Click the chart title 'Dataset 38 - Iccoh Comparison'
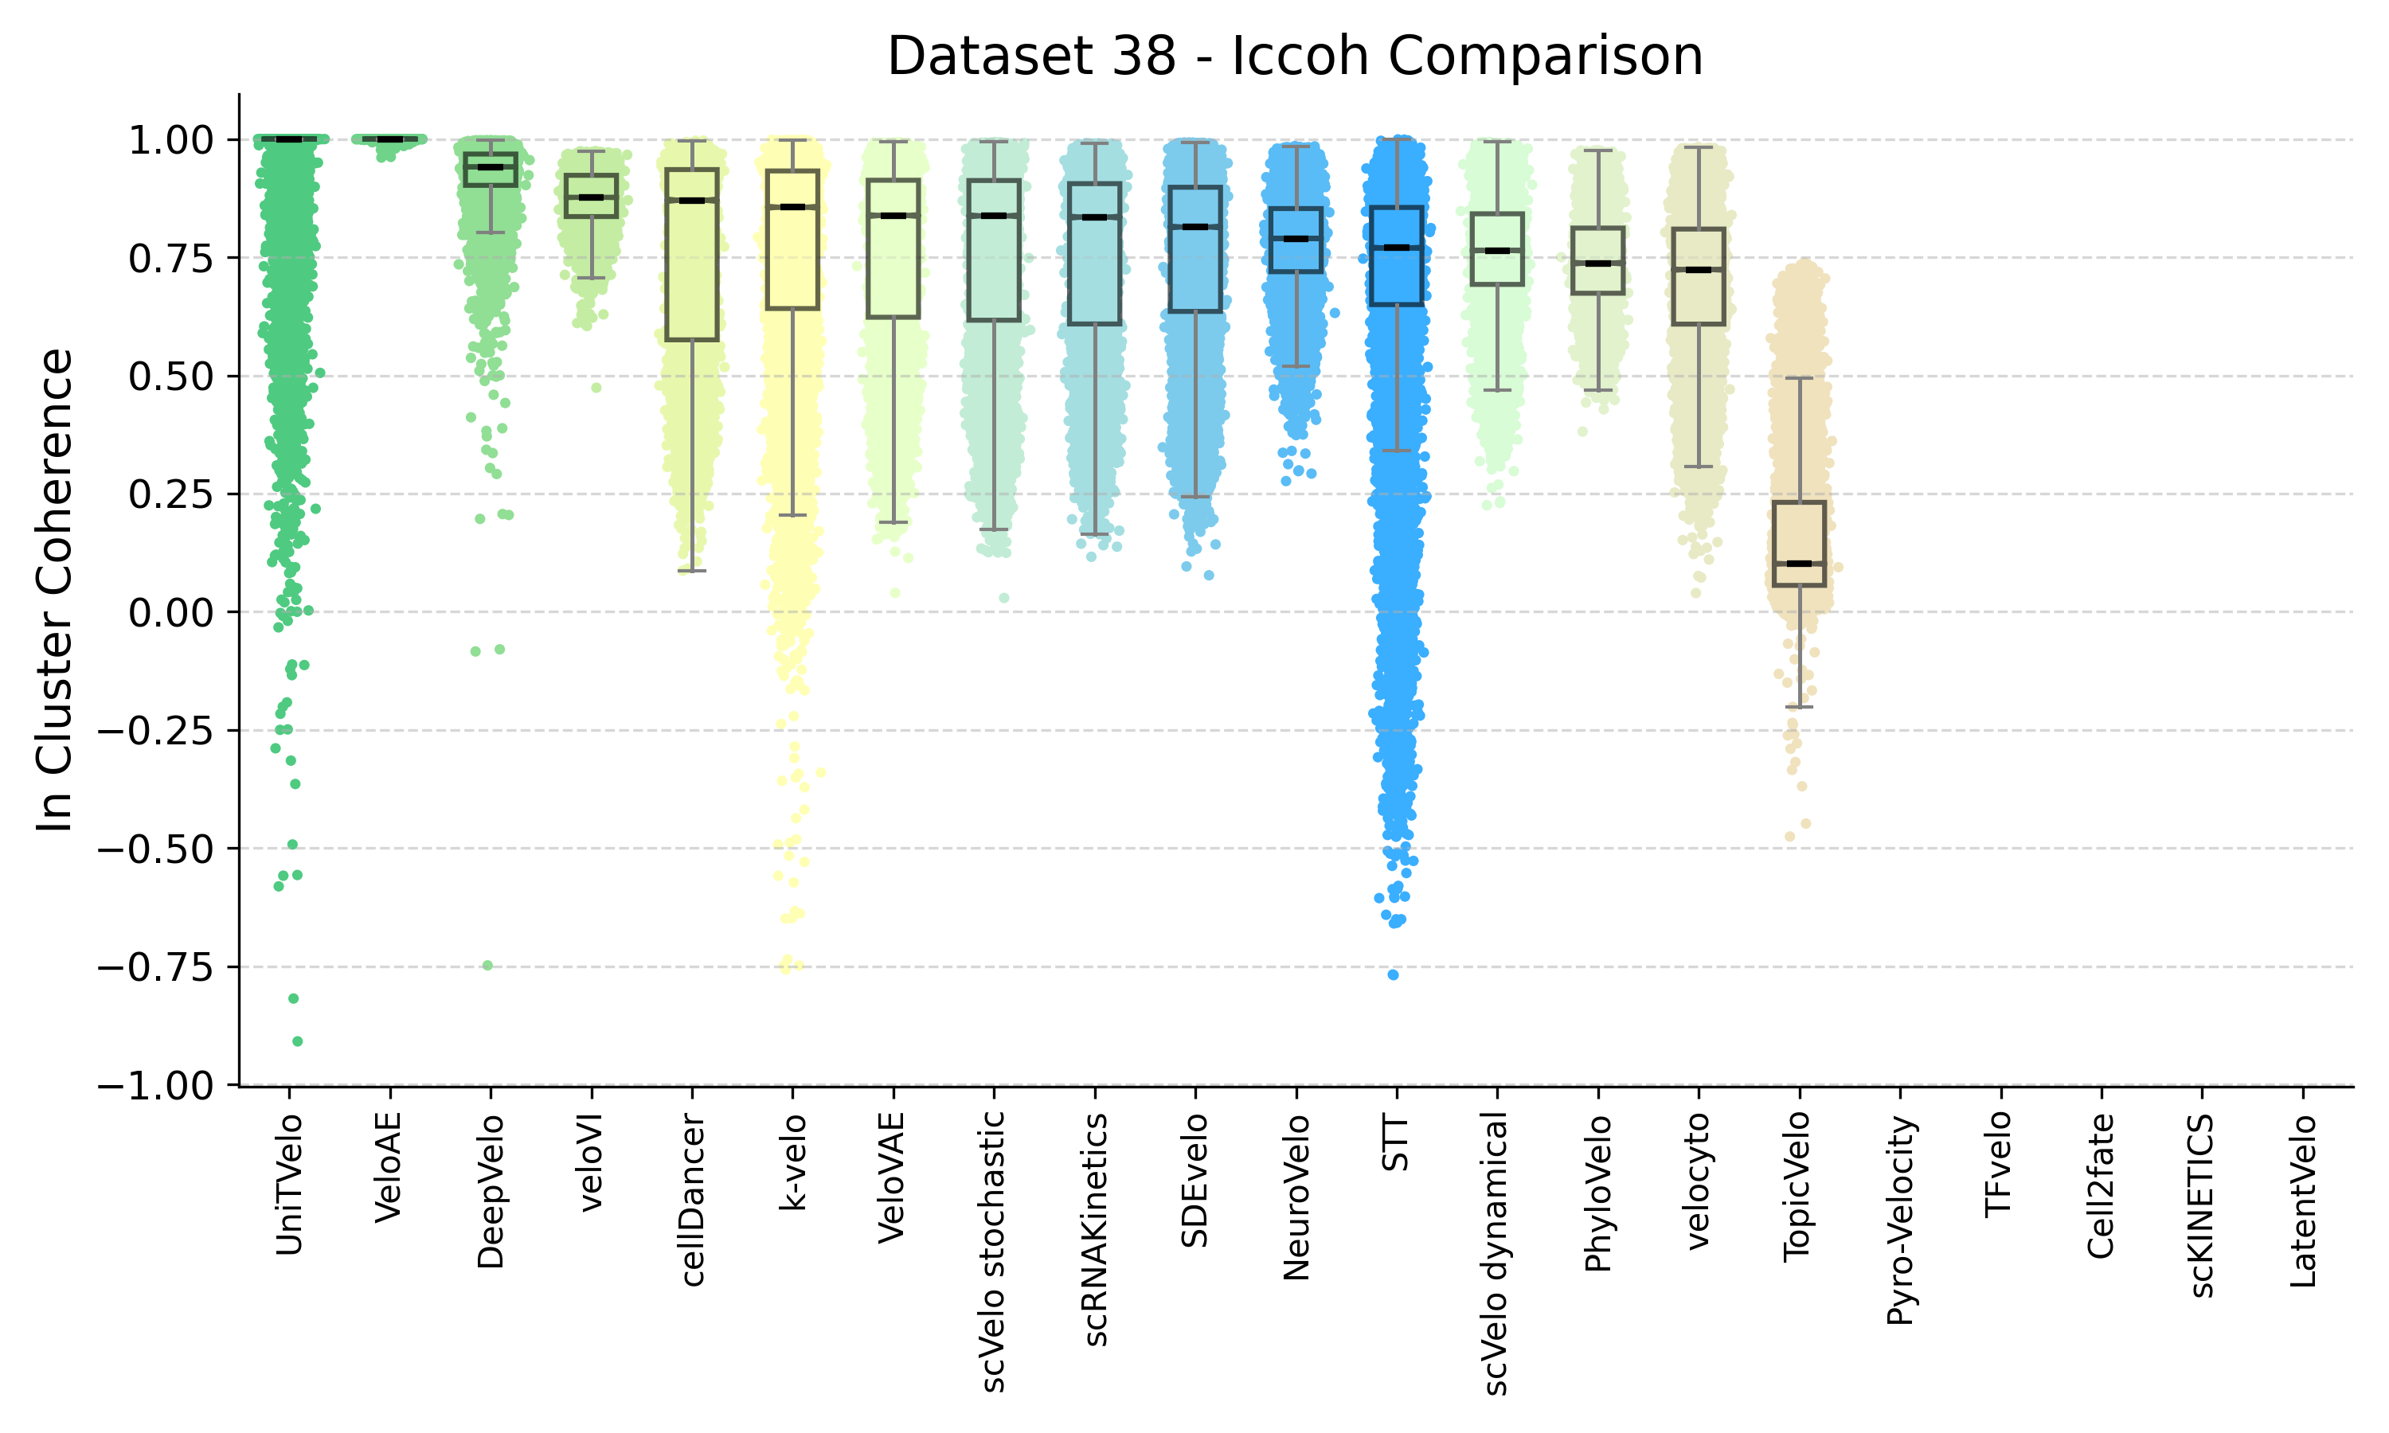click(1294, 56)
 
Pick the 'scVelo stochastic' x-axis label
click(994, 1251)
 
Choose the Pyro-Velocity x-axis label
click(1899, 1220)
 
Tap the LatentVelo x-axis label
click(2302, 1201)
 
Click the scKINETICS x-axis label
click(2202, 1205)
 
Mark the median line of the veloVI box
click(591, 197)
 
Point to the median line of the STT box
click(1396, 248)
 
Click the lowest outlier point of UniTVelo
click(297, 1041)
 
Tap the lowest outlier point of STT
click(1394, 974)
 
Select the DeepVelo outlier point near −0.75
click(487, 966)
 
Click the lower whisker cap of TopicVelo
click(1799, 707)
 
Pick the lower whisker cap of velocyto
click(1699, 467)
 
